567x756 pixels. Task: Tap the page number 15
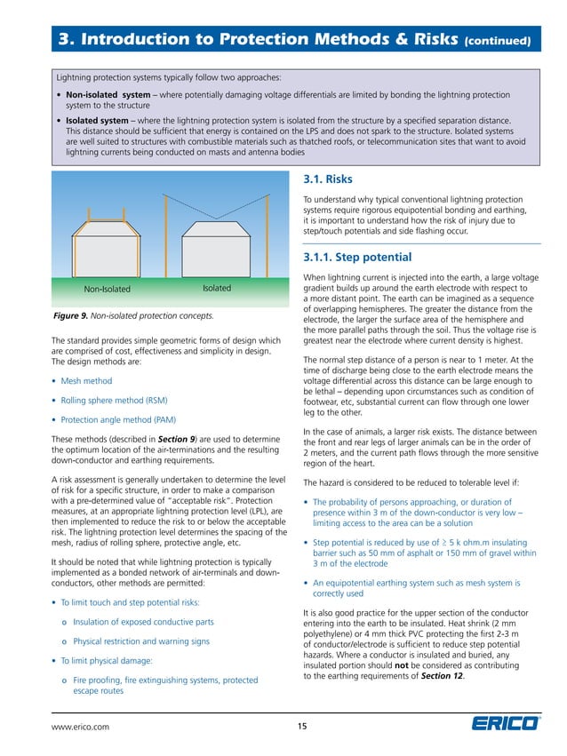click(x=302, y=727)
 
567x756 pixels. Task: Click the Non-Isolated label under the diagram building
click(x=107, y=289)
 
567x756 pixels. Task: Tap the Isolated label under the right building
click(x=216, y=288)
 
